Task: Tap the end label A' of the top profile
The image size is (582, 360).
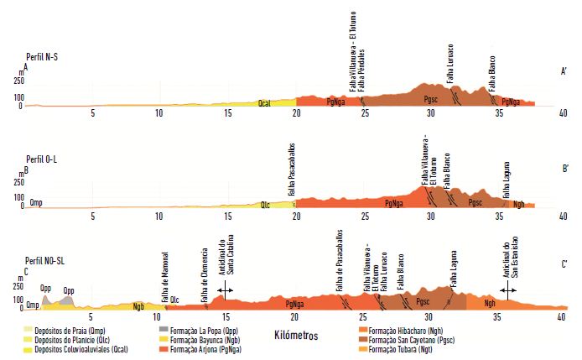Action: pyautogui.click(x=565, y=73)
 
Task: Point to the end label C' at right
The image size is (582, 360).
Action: pyautogui.click(x=565, y=265)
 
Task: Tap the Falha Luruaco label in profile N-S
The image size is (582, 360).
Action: pyautogui.click(x=450, y=63)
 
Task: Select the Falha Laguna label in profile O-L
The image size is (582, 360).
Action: pyautogui.click(x=506, y=180)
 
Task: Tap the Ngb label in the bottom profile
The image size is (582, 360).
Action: pyautogui.click(x=138, y=306)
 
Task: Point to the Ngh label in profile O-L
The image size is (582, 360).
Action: pyautogui.click(x=520, y=203)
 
